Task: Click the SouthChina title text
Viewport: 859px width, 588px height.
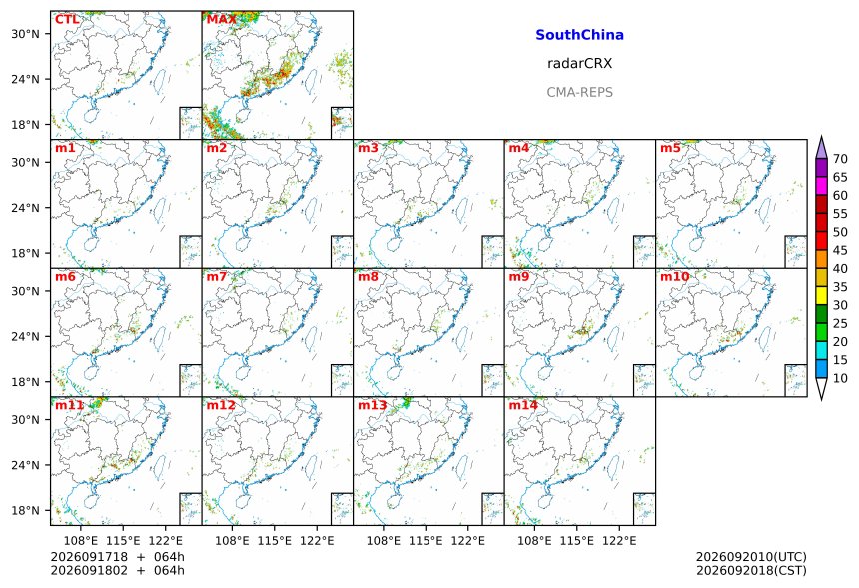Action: pos(579,35)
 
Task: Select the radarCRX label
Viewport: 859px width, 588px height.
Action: pos(579,64)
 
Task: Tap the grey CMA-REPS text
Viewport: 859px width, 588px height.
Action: pos(579,92)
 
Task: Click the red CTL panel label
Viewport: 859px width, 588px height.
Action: pos(67,20)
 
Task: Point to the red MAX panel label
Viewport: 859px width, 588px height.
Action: pos(222,20)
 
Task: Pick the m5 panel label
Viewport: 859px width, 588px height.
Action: pos(670,148)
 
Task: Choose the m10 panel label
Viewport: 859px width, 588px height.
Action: pos(674,276)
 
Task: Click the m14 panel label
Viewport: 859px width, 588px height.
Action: pos(523,405)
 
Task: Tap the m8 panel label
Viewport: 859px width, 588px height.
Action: pos(368,276)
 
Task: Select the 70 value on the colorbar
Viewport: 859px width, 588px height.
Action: pos(840,159)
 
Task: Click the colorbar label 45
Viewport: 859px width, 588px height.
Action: pos(840,250)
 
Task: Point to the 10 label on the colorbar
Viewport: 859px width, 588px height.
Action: pos(840,378)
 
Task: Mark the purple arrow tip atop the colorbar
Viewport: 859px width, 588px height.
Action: pos(821,136)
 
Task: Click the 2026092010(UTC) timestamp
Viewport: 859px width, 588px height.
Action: pos(751,557)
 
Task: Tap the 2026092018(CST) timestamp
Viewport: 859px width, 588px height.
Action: pos(751,570)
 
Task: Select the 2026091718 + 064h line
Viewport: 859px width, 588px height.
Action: pos(117,557)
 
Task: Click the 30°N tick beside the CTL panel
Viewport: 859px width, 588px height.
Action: pos(25,34)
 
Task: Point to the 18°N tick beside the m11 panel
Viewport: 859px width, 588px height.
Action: pos(25,511)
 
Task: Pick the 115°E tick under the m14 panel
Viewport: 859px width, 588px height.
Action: pos(576,541)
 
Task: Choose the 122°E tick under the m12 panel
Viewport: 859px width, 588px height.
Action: pos(317,541)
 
